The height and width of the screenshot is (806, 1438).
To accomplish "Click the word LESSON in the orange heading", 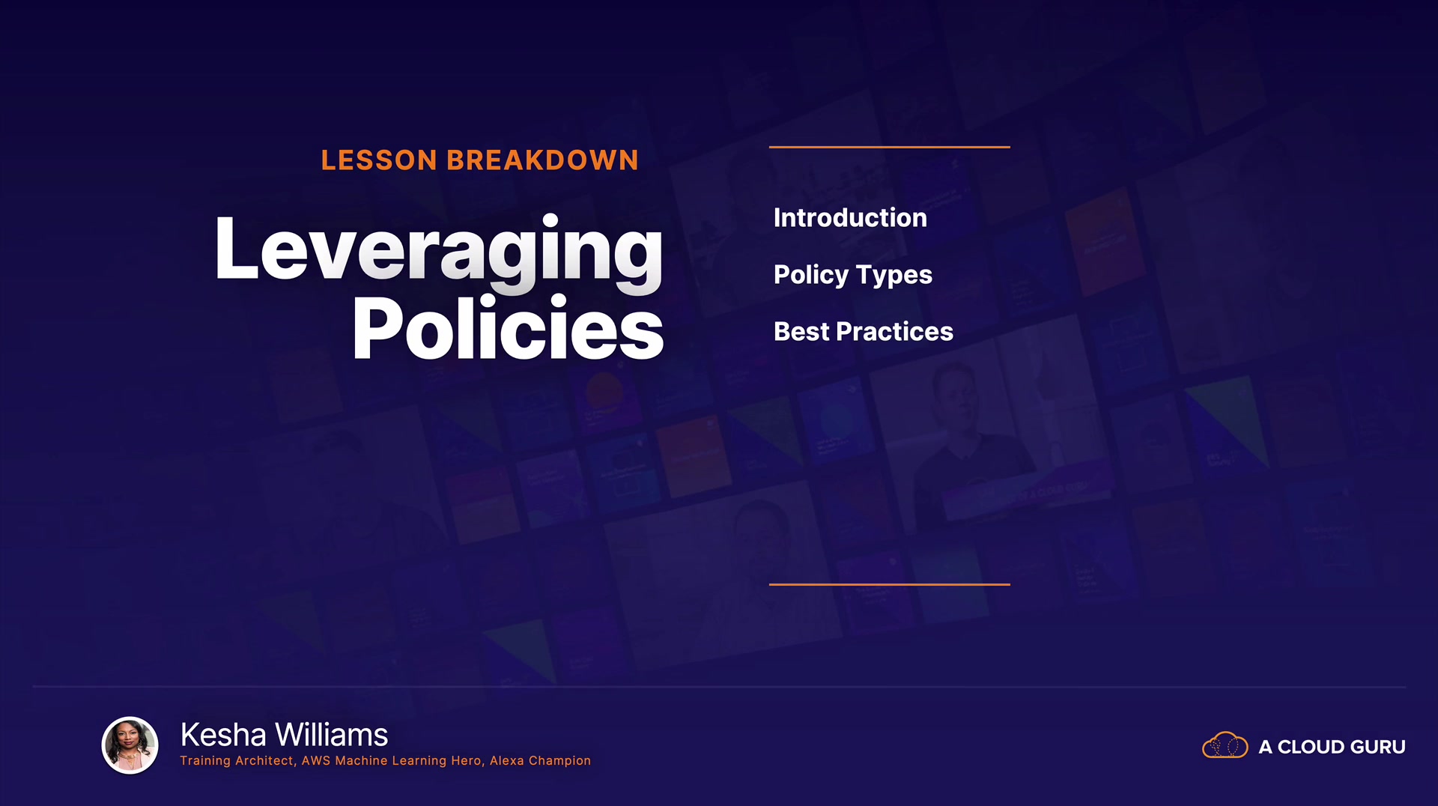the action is point(379,160).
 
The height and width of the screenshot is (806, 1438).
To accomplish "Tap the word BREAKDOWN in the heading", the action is point(542,160).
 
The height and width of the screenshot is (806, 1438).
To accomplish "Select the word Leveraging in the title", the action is point(439,252).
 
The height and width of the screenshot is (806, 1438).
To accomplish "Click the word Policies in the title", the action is point(509,327).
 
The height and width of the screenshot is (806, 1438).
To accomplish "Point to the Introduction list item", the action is point(850,218).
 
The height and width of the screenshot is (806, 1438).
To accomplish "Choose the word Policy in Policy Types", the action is point(811,276).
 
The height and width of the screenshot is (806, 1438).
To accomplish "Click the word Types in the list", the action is point(894,276).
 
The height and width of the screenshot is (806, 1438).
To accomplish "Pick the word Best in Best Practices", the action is point(801,332).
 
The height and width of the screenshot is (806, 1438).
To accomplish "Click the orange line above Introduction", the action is point(890,147).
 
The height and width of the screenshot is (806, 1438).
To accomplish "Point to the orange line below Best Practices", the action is point(890,584).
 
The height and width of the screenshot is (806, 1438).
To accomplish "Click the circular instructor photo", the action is point(130,745).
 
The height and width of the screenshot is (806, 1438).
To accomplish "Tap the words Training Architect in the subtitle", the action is point(237,761).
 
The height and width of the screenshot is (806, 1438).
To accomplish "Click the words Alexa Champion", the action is point(540,761).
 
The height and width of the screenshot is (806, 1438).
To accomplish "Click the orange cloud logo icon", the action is point(1225,745).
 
